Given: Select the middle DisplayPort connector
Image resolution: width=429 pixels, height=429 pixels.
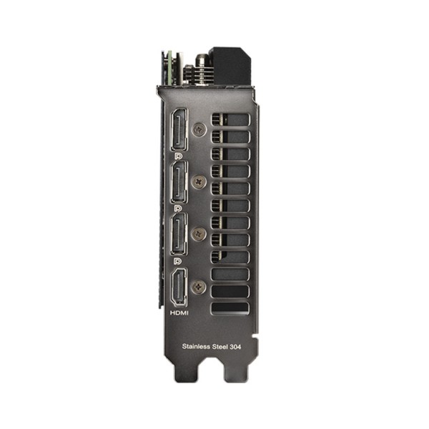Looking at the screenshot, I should pos(179,182).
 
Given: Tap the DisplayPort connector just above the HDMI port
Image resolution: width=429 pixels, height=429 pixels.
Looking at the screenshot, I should pos(179,234).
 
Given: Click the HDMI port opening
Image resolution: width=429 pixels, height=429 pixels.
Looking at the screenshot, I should pos(179,285).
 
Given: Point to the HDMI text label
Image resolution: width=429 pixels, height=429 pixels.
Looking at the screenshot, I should pos(179,312).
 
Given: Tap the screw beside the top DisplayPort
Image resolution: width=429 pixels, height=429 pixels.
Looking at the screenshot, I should pos(199,129).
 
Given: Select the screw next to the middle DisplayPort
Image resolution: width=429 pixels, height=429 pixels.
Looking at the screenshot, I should pos(199,182).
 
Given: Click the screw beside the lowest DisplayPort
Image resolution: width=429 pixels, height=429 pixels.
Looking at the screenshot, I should pos(199,234).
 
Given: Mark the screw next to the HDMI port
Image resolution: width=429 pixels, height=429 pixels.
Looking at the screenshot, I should pos(199,286).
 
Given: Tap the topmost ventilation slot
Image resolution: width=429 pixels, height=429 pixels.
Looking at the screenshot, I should pos(230,119).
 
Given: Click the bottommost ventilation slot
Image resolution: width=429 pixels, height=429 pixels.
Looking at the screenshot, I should pos(230,307).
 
